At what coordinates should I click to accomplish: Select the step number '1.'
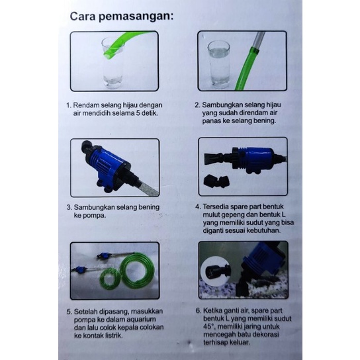pos(68,105)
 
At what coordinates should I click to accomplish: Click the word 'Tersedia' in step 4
pos(221,206)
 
